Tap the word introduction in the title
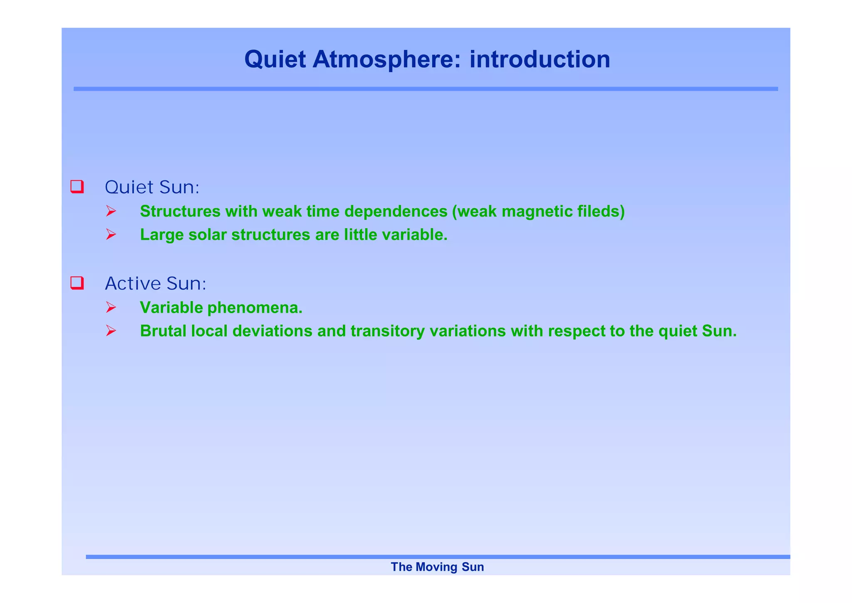[x=540, y=59]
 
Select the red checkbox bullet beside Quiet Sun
[x=77, y=187]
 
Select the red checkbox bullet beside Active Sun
[x=77, y=283]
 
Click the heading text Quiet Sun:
[x=152, y=187]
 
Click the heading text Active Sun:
[x=156, y=284]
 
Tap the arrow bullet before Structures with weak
[x=111, y=212]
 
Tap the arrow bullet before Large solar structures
[x=111, y=235]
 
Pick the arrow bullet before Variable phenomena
[x=111, y=308]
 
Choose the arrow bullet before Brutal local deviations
[x=111, y=331]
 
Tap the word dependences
[x=396, y=212]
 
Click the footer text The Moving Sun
[x=437, y=567]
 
